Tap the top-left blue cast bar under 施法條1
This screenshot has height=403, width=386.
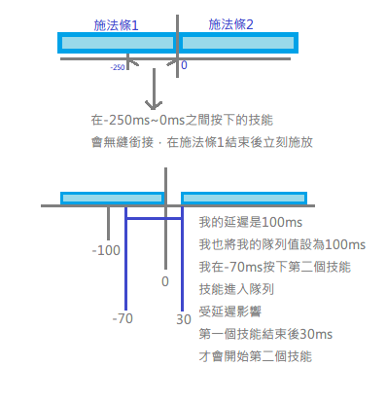pos(116,43)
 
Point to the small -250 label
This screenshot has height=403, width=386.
pos(118,68)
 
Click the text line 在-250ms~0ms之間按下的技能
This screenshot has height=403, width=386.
pos(182,123)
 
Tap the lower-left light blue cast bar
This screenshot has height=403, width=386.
pos(112,199)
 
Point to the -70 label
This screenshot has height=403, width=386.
pos(122,318)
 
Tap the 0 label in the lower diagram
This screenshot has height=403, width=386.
pos(165,281)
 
